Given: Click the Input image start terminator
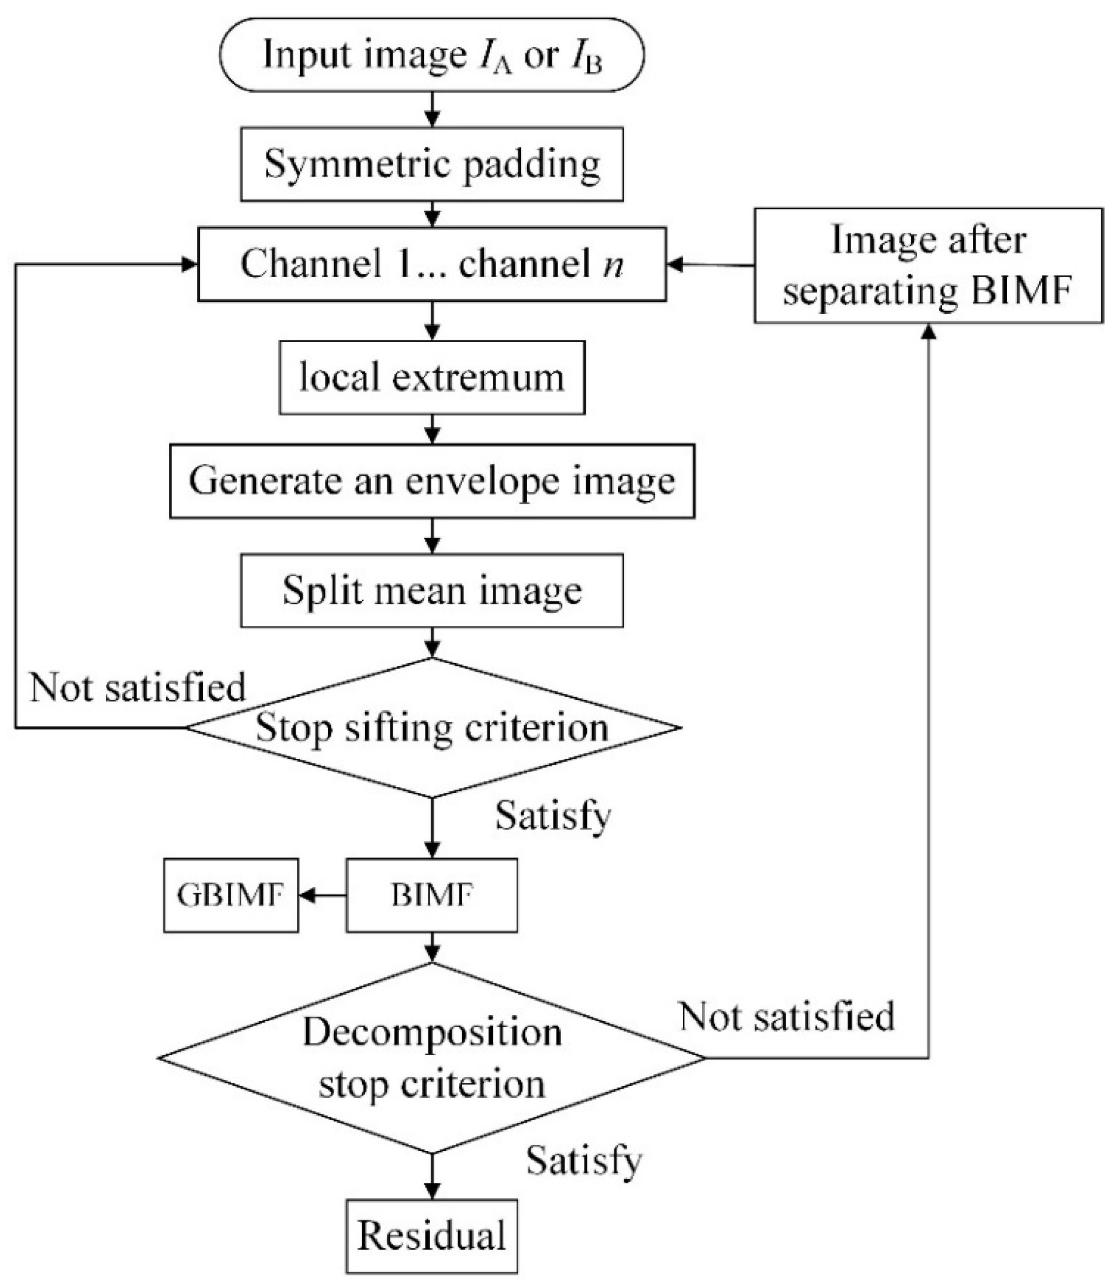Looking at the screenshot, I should tap(432, 55).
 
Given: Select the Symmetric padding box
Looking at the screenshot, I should tap(432, 164).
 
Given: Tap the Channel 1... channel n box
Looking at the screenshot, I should tap(432, 264).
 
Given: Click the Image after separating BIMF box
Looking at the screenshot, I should tap(928, 265).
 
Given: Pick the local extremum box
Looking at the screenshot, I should tap(432, 377).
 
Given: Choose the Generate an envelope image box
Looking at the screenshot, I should tap(432, 481).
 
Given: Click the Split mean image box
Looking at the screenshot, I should tap(432, 590).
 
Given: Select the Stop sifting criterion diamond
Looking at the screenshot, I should tap(432, 727).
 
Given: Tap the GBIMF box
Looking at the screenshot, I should tap(231, 895).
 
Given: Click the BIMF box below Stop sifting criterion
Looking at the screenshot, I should tap(432, 895).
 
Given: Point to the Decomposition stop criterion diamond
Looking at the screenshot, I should tap(432, 1058).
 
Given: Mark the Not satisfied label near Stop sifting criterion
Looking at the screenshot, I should tap(137, 687).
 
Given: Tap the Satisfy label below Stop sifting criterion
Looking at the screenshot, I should tap(553, 815).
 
